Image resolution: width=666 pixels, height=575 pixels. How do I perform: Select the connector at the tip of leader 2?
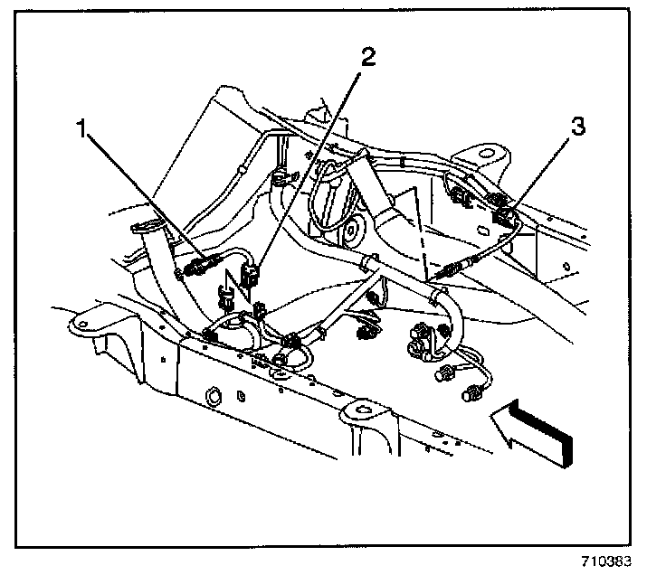(x=252, y=271)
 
